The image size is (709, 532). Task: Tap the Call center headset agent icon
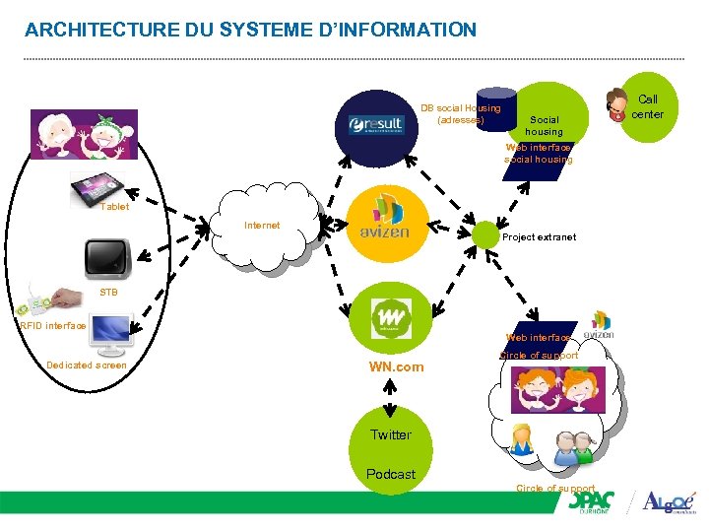pyautogui.click(x=617, y=103)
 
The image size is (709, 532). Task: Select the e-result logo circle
pyautogui.click(x=376, y=122)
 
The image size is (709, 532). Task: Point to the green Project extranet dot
pyautogui.click(x=486, y=234)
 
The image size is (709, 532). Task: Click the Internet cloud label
pyautogui.click(x=262, y=226)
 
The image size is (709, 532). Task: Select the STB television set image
pyautogui.click(x=106, y=257)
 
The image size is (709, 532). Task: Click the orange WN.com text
pyautogui.click(x=396, y=366)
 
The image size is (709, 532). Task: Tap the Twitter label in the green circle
pyautogui.click(x=391, y=434)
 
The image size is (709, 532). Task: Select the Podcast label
pyautogui.click(x=391, y=474)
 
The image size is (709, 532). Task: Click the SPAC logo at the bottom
pyautogui.click(x=596, y=502)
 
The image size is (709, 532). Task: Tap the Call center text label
pyautogui.click(x=648, y=106)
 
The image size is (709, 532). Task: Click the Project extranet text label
pyautogui.click(x=539, y=237)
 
